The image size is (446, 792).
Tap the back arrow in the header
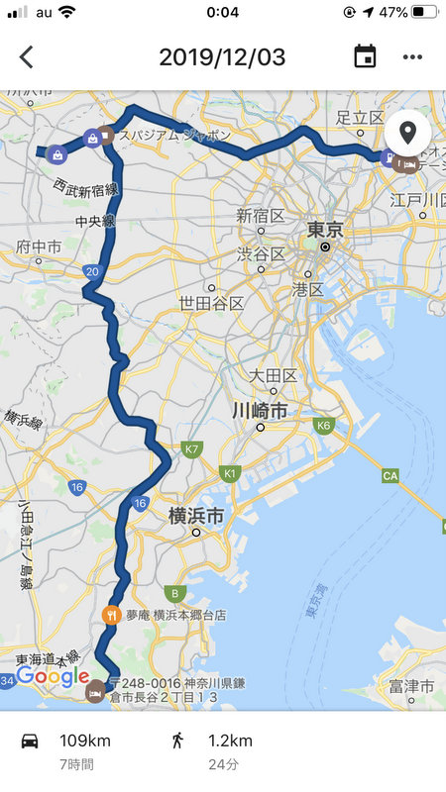pos(26,56)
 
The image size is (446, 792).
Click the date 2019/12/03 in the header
pos(222,56)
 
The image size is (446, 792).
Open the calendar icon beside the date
pos(365,56)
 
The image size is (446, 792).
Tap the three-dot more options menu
pos(412,56)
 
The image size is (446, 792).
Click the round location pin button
pos(407,132)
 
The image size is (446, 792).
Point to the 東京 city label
pos(325,230)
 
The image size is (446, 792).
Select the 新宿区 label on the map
pos(261,216)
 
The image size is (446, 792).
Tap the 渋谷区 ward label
pos(261,254)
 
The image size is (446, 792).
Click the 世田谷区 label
pos(211,303)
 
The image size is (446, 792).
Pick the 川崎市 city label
pos(260,409)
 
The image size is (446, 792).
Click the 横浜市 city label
pos(195,515)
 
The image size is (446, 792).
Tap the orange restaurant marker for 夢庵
pos(111,614)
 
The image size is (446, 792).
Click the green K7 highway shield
pos(192,449)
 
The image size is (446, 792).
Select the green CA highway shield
pos(390,476)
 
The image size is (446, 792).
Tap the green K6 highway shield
pos(323,426)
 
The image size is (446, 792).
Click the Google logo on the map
pos(53,677)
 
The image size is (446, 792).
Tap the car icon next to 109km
pos(30,741)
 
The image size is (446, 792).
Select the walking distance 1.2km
pos(230,741)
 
